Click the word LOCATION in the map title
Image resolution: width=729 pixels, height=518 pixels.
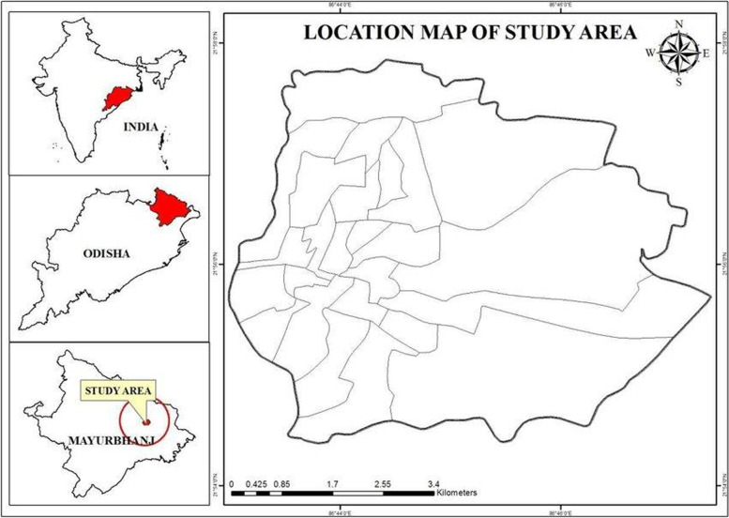point(348,34)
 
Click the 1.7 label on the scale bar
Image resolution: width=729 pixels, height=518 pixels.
point(333,484)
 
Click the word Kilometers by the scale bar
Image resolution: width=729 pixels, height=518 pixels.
point(458,492)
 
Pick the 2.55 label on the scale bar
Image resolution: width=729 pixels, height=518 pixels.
point(383,484)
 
